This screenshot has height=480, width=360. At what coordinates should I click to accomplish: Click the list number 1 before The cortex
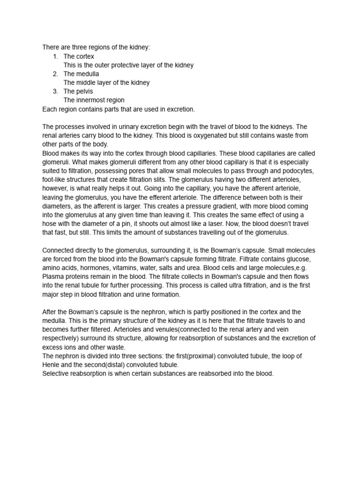coord(55,56)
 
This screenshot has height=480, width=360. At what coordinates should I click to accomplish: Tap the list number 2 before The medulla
coord(55,74)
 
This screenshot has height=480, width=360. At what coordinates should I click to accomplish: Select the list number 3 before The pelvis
coord(55,91)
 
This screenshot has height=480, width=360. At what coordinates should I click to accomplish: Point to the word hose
coord(51,224)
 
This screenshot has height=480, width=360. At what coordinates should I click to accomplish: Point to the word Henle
coord(52,365)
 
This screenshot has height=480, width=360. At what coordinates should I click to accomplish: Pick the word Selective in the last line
coord(57,374)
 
